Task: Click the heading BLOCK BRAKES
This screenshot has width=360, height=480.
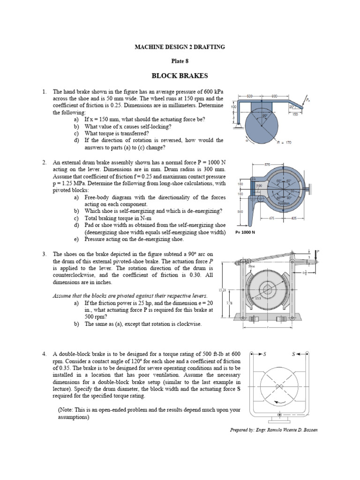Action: (x=180, y=75)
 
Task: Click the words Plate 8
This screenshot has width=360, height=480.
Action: (x=180, y=60)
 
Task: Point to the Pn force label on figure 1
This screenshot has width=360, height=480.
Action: (x=307, y=99)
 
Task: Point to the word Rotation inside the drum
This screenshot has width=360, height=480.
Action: (x=283, y=203)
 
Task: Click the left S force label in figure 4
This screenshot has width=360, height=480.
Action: (x=263, y=354)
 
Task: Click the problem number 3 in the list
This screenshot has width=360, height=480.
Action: (x=44, y=254)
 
